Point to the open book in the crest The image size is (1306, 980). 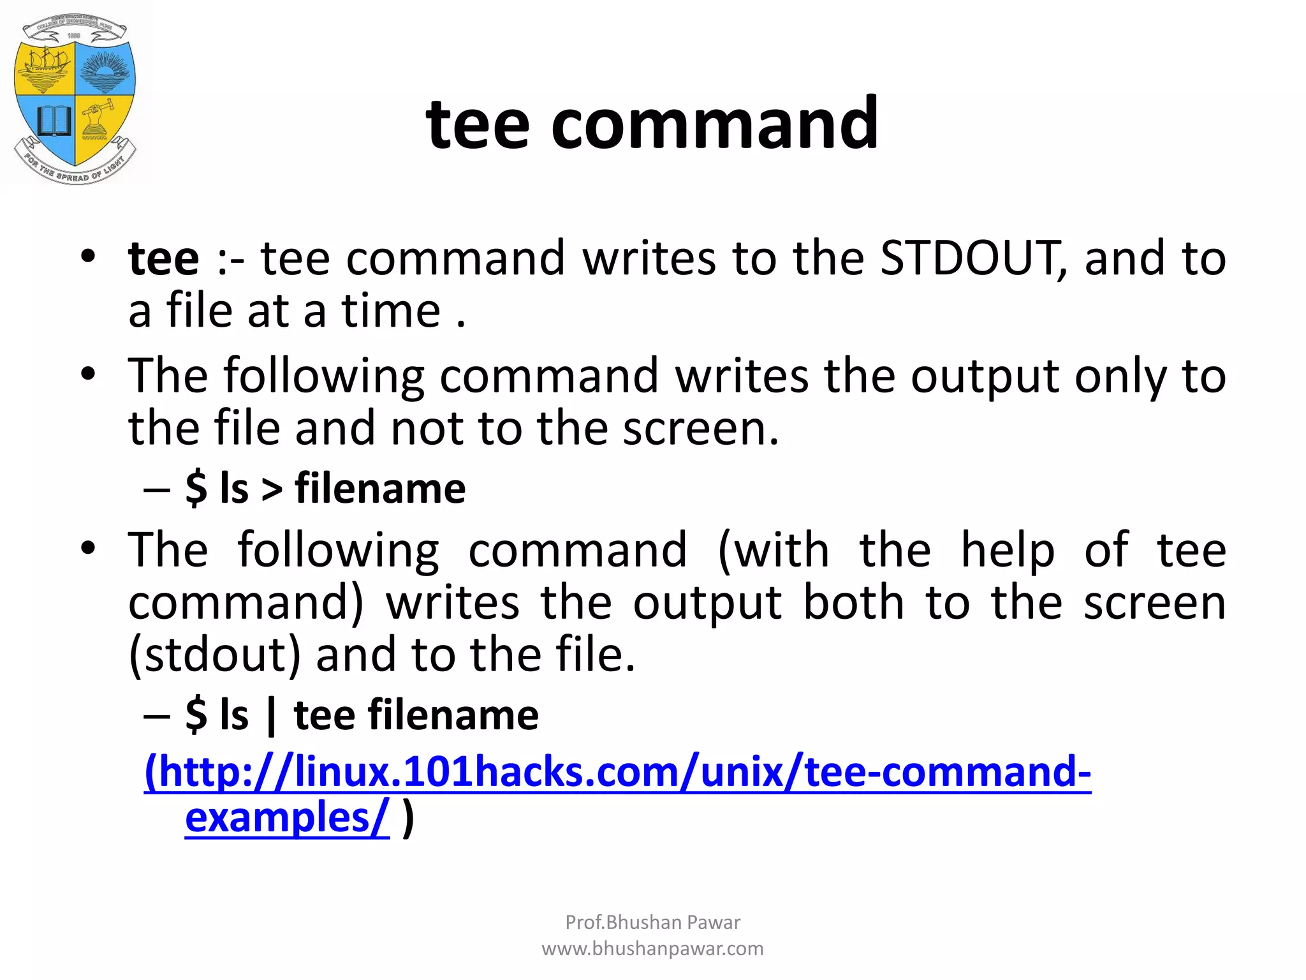coord(52,121)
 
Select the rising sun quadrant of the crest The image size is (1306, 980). coord(105,70)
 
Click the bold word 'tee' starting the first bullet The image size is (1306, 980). coord(163,258)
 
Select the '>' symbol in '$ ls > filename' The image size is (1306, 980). coord(272,489)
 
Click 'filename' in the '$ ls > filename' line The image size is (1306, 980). coord(380,489)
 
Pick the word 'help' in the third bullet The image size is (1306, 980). coord(1008,550)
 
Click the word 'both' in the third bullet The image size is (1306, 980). coord(853,602)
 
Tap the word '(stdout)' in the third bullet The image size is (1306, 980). coord(214,655)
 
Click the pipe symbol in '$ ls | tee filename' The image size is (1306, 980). coord(272,716)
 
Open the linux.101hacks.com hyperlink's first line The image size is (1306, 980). coord(617,772)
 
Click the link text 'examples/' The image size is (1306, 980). coord(286,818)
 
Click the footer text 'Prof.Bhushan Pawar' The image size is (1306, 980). coord(652,922)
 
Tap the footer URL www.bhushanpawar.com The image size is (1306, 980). coord(652,949)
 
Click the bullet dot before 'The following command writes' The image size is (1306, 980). coord(88,374)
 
